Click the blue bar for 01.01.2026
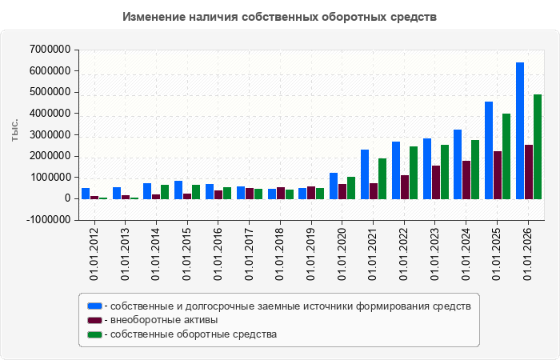click(520, 130)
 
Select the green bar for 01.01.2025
click(506, 157)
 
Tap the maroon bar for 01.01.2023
click(436, 182)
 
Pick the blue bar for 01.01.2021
click(365, 174)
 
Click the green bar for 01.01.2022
click(414, 173)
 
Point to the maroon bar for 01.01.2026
click(529, 172)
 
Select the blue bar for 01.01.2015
click(178, 190)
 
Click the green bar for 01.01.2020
click(351, 188)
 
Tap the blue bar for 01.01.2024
click(458, 164)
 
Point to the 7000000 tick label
click(50, 50)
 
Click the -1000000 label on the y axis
click(48, 220)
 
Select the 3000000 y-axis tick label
click(50, 135)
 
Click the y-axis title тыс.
click(14, 131)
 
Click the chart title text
click(280, 17)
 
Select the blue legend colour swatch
click(94, 306)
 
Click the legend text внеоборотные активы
click(164, 320)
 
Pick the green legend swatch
click(94, 334)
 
